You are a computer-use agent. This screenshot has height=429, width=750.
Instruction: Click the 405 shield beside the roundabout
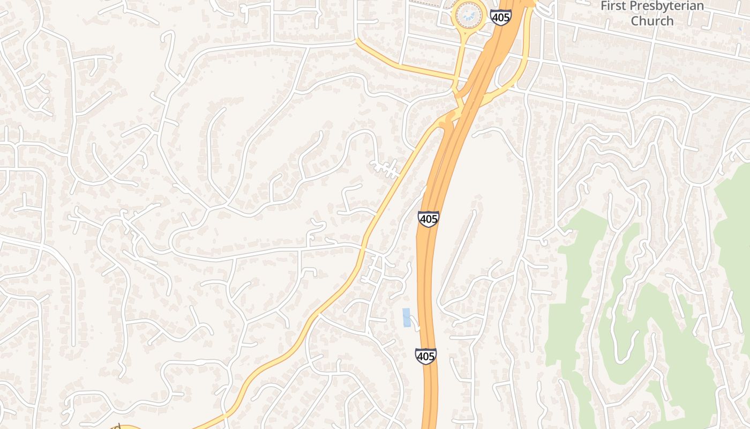[x=500, y=17]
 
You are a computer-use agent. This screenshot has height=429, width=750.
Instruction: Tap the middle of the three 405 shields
[x=429, y=219]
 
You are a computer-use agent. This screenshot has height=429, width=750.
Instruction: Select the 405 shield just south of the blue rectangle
[x=425, y=356]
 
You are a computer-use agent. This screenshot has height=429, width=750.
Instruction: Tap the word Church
[x=652, y=21]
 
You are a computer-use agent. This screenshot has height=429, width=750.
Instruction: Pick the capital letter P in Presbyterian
[x=636, y=6]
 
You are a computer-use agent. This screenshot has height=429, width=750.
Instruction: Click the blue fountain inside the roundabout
[x=469, y=14]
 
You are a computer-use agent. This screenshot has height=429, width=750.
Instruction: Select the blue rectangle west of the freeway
[x=407, y=317]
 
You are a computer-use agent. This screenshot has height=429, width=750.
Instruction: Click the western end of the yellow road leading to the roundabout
[x=357, y=41]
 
